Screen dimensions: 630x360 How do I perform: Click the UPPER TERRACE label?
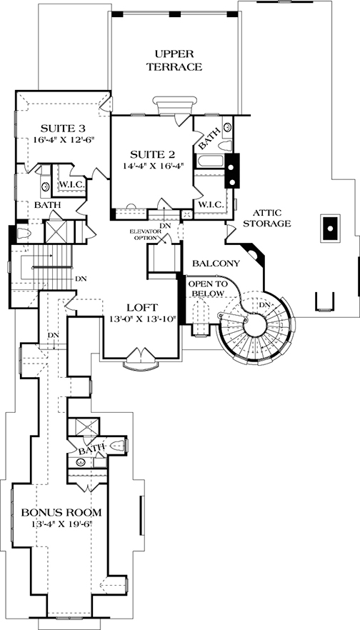click(175, 60)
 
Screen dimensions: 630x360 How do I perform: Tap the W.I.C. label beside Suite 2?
click(211, 204)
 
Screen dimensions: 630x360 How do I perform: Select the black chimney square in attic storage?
click(330, 229)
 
